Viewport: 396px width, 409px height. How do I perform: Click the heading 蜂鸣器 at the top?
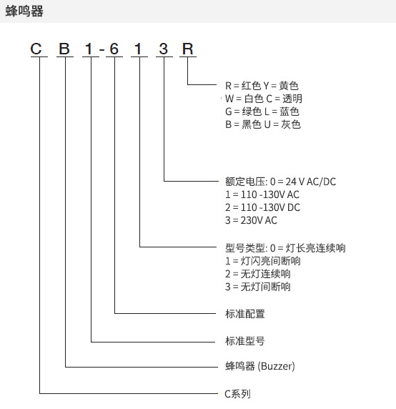(24, 11)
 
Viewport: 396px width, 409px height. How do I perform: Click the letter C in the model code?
(36, 49)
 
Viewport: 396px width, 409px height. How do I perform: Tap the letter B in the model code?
(64, 49)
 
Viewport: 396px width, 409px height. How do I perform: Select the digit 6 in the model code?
(114, 49)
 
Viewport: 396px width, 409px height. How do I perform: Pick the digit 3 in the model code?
(164, 49)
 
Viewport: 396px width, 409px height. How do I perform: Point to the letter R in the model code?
(188, 49)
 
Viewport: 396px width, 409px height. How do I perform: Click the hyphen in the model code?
(102, 49)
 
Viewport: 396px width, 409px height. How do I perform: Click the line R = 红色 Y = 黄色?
(262, 86)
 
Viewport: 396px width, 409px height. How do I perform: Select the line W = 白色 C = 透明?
(264, 99)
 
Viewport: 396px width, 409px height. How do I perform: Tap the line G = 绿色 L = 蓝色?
(262, 112)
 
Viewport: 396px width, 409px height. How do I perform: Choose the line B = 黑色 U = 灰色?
(263, 124)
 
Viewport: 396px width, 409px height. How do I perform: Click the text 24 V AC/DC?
(311, 182)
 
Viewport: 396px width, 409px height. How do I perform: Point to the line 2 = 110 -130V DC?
(262, 207)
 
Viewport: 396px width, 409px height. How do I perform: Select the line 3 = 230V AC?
(251, 221)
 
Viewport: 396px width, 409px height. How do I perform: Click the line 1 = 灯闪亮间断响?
(263, 261)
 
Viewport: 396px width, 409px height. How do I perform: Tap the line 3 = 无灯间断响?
(258, 287)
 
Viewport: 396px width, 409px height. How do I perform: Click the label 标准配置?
(245, 314)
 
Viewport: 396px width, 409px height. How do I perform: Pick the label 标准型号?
(245, 341)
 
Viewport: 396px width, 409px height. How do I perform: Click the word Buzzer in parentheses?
(277, 366)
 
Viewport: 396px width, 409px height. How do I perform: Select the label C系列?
(237, 394)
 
